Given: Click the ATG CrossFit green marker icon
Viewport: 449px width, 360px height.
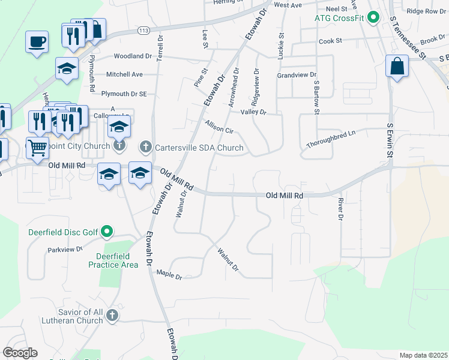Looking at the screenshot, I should [373, 17].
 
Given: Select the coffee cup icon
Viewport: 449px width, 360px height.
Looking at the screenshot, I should [37, 41].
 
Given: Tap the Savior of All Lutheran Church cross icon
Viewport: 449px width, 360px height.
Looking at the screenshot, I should [113, 316].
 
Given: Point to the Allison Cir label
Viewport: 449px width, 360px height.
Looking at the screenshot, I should [218, 127].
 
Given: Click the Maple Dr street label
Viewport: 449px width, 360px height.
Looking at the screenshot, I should [169, 275].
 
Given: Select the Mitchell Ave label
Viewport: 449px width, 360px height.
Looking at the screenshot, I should [124, 74].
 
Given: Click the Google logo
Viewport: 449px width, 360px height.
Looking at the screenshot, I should [20, 353].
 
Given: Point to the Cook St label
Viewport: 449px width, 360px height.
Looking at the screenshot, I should [330, 41].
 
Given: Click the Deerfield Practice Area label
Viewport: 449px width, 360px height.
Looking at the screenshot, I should [113, 260].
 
